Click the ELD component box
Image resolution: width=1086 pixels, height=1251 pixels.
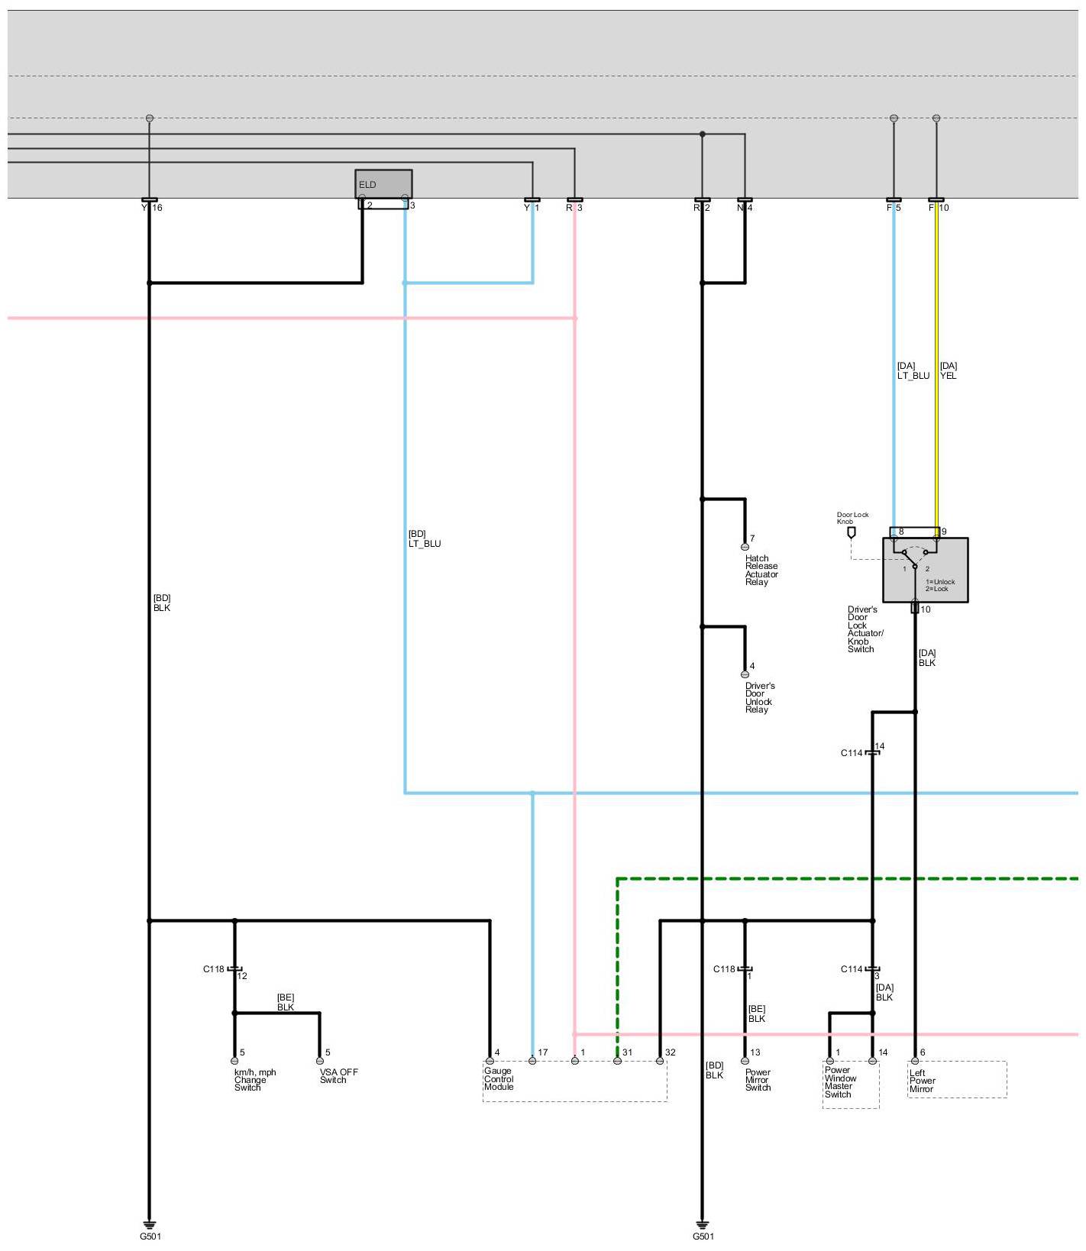point(383,184)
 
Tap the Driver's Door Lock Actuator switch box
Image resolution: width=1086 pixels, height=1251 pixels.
point(925,570)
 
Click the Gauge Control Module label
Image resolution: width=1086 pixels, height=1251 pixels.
point(499,1079)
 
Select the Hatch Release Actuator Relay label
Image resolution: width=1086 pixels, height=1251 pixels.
point(761,571)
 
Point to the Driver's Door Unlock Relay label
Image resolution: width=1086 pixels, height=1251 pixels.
point(760,698)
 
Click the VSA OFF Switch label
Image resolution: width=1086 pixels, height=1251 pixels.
point(338,1076)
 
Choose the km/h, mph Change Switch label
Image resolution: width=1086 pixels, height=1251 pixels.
point(255,1080)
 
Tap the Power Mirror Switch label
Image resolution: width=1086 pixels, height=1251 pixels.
point(758,1080)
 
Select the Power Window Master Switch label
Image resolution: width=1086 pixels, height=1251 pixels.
point(840,1082)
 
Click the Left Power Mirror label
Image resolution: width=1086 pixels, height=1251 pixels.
point(922,1081)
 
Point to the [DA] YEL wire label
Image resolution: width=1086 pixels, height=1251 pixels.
point(949,371)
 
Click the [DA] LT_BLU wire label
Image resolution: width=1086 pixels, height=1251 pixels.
point(913,371)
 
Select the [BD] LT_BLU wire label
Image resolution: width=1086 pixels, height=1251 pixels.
point(424,539)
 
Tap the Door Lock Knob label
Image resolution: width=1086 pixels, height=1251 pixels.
point(852,518)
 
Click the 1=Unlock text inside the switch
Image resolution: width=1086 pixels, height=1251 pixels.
point(940,582)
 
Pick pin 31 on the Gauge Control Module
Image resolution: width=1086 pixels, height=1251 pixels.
point(617,1061)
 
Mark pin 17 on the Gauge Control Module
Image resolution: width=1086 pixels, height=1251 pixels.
point(532,1061)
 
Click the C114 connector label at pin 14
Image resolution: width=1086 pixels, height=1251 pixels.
point(852,753)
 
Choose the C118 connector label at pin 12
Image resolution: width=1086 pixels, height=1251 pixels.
point(214,969)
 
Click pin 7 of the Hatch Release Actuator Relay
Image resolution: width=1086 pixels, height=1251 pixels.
point(745,547)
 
